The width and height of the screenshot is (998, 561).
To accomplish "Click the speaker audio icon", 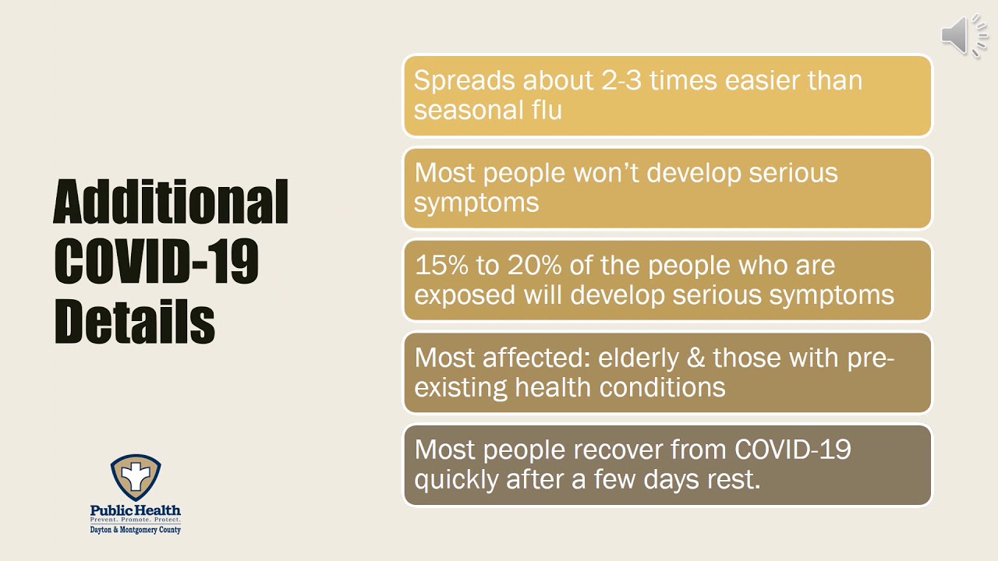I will (x=964, y=36).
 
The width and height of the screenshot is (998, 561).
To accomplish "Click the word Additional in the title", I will (x=171, y=202).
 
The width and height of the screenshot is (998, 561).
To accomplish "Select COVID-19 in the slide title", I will (x=156, y=262).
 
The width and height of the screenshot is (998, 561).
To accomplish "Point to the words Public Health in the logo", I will (x=136, y=510).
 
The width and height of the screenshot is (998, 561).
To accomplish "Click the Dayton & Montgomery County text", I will (x=136, y=530).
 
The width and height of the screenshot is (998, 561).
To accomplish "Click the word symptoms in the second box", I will (x=476, y=203).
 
